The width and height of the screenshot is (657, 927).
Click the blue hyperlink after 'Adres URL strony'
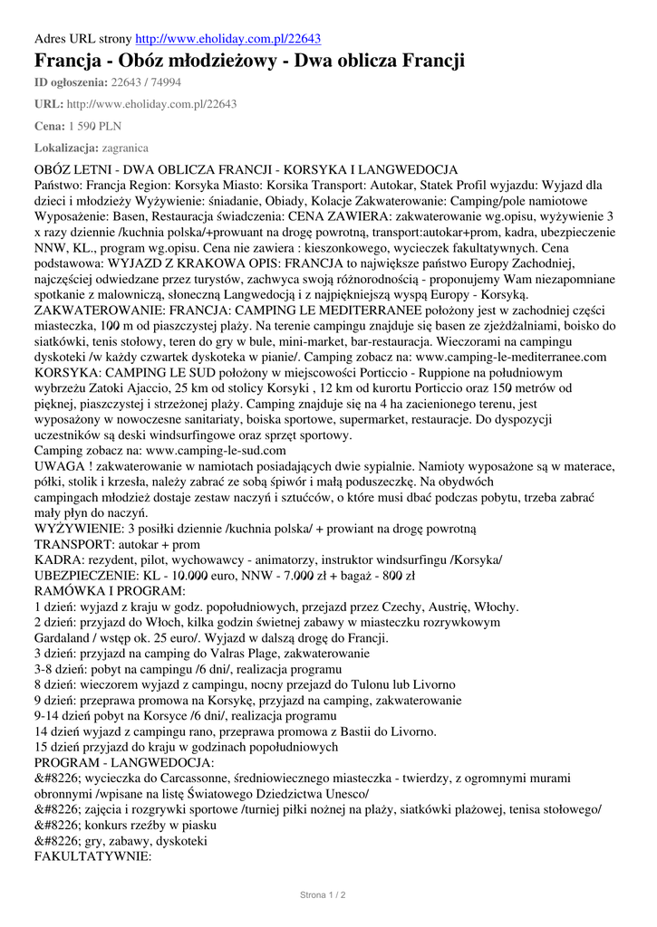(x=227, y=39)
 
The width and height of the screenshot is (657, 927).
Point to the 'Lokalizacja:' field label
(x=66, y=148)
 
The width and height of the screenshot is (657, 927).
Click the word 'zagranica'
(x=126, y=148)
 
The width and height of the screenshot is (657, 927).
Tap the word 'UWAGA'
(x=60, y=465)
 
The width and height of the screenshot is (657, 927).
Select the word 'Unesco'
(x=336, y=793)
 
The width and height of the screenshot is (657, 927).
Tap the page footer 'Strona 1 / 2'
(x=324, y=895)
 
